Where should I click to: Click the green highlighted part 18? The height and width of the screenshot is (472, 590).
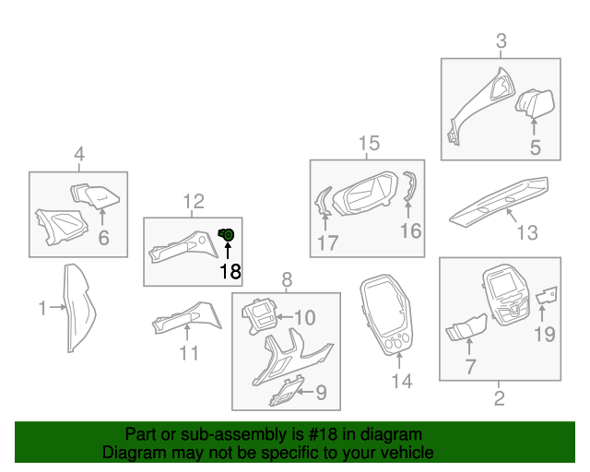[226, 236]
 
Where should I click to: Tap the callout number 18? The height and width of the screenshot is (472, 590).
[229, 270]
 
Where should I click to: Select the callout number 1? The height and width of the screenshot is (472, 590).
[42, 309]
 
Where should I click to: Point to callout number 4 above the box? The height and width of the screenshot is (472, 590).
[79, 155]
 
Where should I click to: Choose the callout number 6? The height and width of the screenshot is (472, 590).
[103, 239]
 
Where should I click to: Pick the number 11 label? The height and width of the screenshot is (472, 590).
[188, 352]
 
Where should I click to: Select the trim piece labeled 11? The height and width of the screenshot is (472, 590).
[189, 318]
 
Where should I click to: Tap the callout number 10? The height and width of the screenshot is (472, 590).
[303, 318]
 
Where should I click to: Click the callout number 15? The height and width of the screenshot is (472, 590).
[368, 143]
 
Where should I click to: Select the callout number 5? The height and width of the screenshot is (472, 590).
[534, 147]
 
